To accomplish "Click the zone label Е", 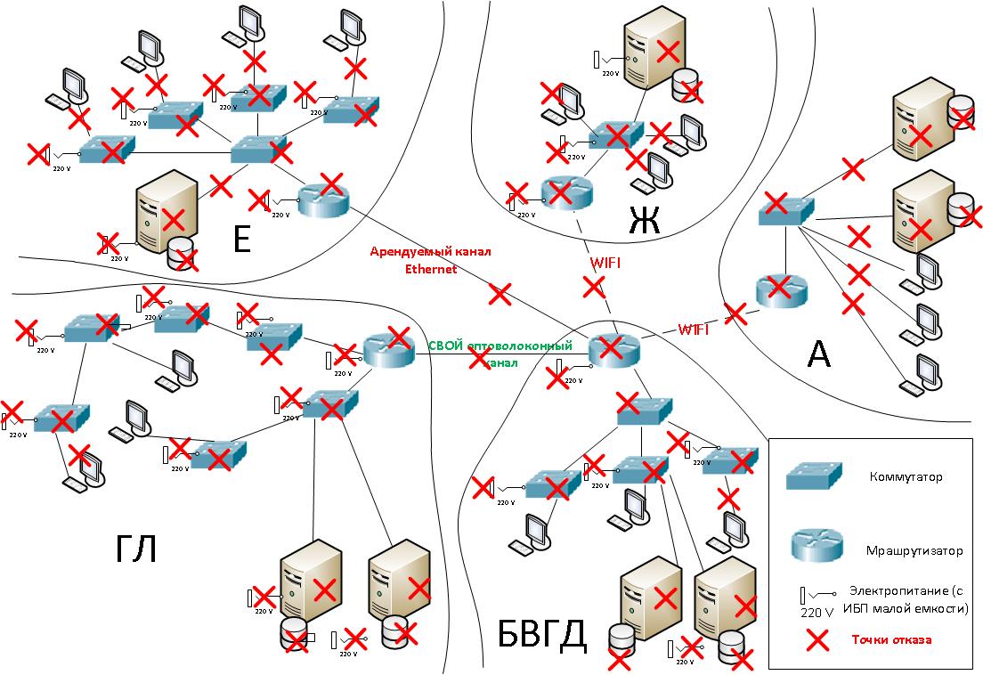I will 240,239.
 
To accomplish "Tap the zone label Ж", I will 645,220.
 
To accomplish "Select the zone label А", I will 818,354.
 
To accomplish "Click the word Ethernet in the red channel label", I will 431,268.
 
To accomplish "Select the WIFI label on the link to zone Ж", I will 606,264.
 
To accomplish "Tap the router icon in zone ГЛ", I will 388,351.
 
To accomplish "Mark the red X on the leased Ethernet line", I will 500,292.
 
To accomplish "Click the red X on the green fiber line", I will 480,358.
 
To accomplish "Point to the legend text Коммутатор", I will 906,477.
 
